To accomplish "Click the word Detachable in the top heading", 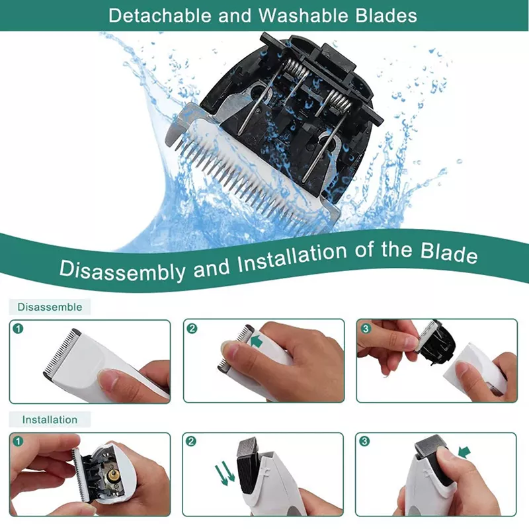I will click(160, 15).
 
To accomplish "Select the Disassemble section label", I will click(50, 307).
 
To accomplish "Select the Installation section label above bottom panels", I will click(50, 419).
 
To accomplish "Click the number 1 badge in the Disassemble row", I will click(19, 328).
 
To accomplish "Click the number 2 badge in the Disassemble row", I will click(192, 328).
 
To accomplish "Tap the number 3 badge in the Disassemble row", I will click(365, 328).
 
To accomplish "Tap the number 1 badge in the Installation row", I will click(19, 440).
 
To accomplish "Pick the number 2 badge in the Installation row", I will click(192, 440).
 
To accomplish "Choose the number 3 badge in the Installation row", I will click(365, 440).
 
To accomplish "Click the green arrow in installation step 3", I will click(464, 452).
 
